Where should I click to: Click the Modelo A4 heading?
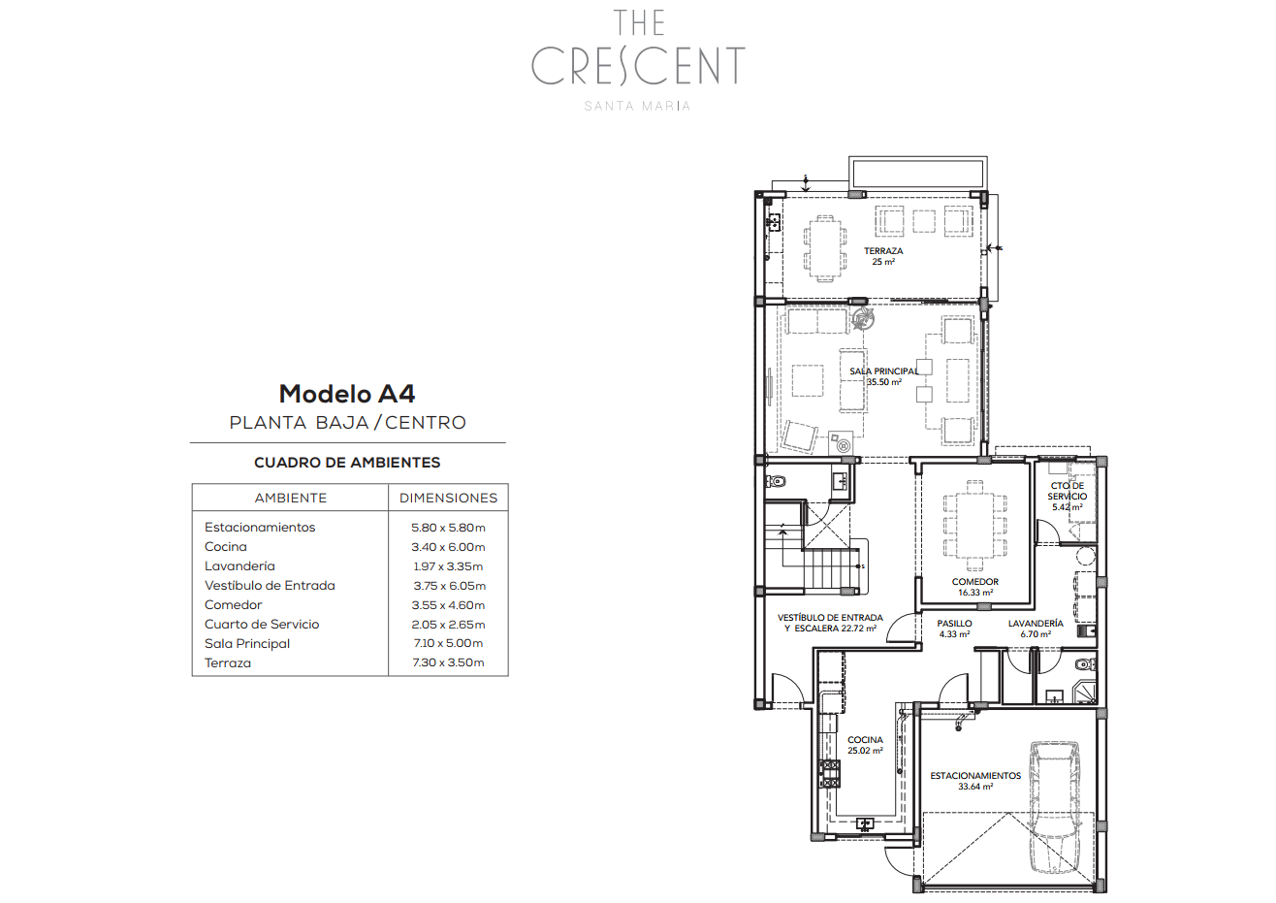[347, 394]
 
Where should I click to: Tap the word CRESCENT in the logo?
[638, 66]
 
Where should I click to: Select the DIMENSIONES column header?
[448, 498]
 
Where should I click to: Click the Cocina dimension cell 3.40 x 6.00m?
[448, 547]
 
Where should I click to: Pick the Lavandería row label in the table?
[239, 565]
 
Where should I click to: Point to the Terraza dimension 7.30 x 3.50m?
[448, 662]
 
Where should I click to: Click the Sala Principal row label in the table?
[247, 644]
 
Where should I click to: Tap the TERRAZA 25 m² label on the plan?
[883, 256]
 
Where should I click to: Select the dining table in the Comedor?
[974, 525]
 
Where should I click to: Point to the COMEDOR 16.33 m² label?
[975, 587]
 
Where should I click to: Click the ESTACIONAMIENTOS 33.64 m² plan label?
[975, 781]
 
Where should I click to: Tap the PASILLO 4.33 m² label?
[954, 629]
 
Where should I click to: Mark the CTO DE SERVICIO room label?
[1067, 497]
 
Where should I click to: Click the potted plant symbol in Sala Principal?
[862, 318]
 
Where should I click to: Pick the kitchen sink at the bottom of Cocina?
[865, 823]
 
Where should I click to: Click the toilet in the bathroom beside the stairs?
[776, 481]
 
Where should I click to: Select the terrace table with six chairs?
[825, 248]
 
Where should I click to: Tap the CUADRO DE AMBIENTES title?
[347, 463]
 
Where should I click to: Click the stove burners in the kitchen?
[829, 774]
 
